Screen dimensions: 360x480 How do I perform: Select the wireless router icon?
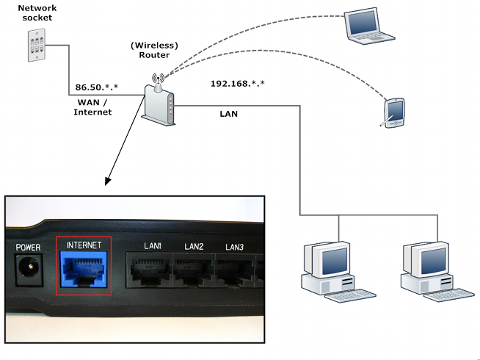(x=159, y=103)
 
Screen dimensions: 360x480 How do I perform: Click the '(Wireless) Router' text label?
(x=156, y=50)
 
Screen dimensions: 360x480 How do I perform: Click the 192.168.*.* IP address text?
(x=237, y=84)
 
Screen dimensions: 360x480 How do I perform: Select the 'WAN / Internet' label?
(x=92, y=107)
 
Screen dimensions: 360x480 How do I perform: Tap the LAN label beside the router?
(x=228, y=114)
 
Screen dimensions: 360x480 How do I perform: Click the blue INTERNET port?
(x=83, y=269)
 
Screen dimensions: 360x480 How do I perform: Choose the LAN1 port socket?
(x=152, y=270)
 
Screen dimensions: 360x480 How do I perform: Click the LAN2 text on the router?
(x=194, y=246)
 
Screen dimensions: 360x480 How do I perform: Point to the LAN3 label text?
(x=234, y=247)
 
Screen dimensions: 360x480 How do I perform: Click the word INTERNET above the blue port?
(x=83, y=244)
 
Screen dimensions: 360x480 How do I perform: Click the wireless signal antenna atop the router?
(x=156, y=78)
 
